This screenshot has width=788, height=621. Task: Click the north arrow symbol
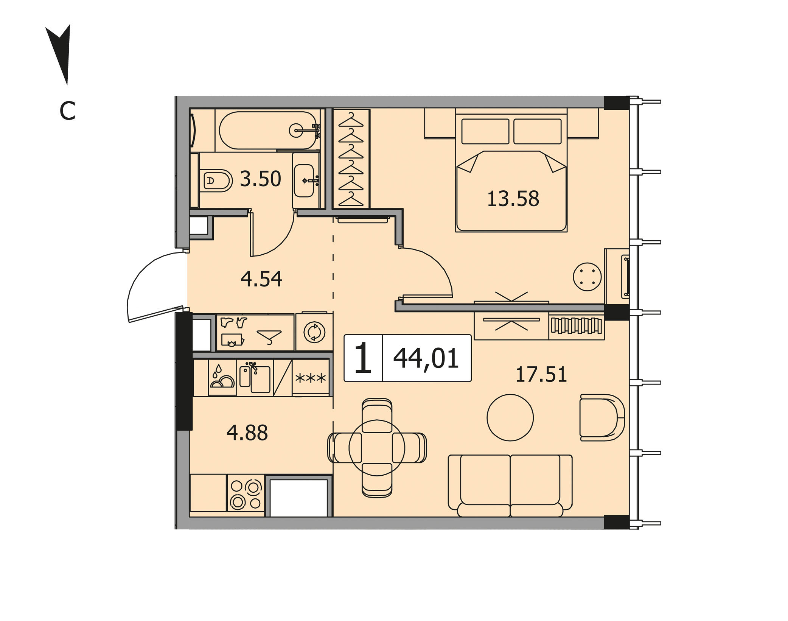(61, 53)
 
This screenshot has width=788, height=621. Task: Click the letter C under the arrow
(68, 111)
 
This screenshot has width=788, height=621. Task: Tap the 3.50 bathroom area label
(260, 179)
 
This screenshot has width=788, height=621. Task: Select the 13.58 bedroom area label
(513, 199)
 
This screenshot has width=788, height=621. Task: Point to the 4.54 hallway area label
(261, 279)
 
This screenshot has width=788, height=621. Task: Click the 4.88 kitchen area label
(247, 433)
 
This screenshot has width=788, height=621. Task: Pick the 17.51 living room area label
(541, 374)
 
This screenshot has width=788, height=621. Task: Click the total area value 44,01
(426, 358)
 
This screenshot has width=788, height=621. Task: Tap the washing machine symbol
(314, 332)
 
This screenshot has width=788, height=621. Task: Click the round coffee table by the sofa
(510, 417)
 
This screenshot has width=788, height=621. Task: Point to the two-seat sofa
(510, 486)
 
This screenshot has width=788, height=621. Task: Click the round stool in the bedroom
(587, 277)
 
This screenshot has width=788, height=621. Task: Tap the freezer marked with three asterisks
(311, 378)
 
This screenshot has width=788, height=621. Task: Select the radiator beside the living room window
(576, 325)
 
